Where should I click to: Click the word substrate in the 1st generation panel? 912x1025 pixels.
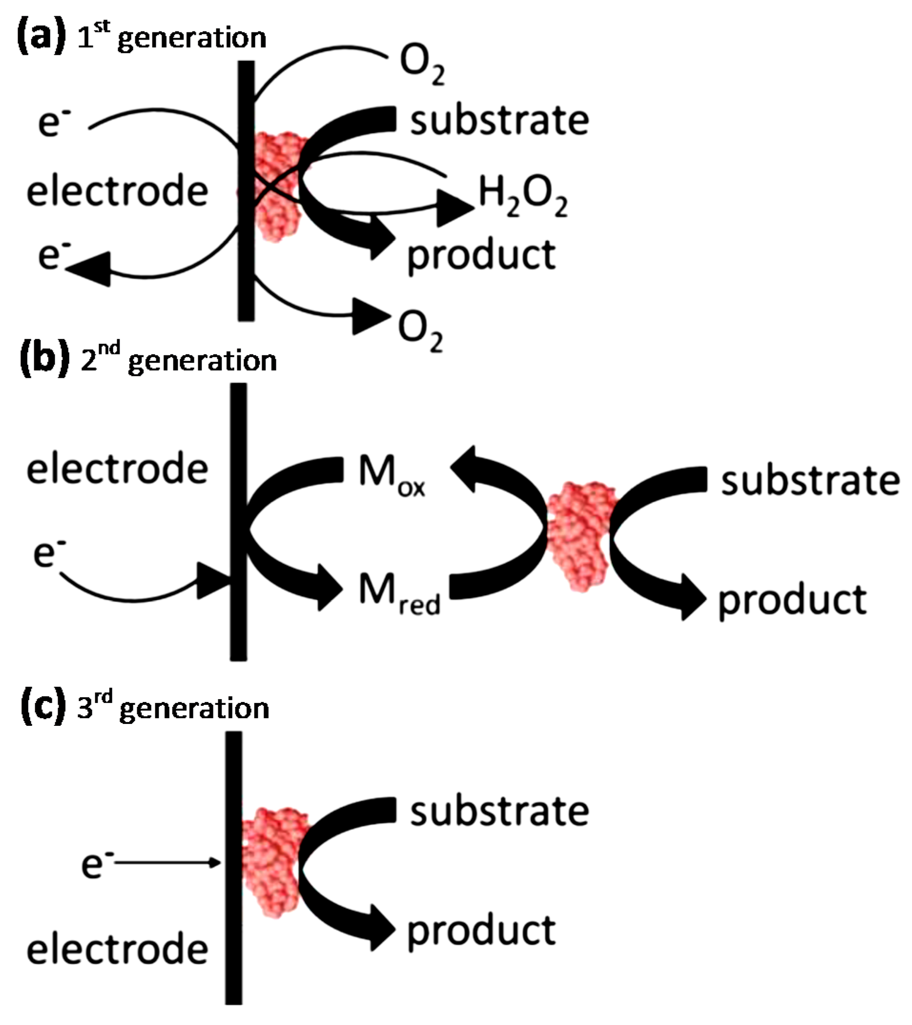tap(499, 121)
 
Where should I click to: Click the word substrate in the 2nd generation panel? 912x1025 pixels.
tap(810, 482)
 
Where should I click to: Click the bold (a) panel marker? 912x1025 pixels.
tap(41, 38)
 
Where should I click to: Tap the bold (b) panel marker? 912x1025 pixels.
tap(44, 360)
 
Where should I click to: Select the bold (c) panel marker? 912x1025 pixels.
tap(42, 708)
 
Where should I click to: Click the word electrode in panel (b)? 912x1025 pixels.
tap(117, 469)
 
